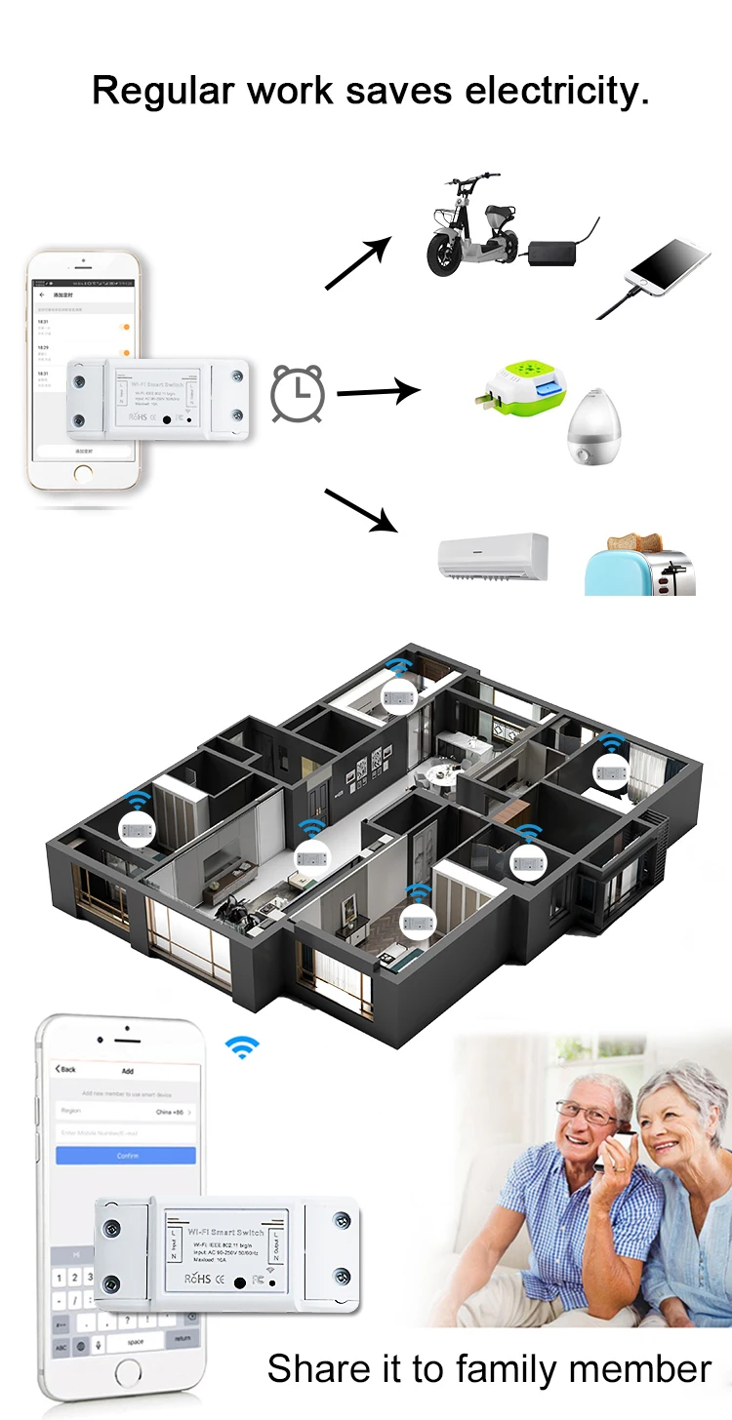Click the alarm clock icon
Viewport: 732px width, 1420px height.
click(x=298, y=393)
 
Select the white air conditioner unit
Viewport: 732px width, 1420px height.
click(x=492, y=557)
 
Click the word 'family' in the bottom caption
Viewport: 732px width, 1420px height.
click(x=517, y=1369)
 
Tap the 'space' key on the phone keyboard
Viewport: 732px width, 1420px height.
click(x=136, y=1342)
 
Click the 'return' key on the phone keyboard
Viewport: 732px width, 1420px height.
click(x=183, y=1339)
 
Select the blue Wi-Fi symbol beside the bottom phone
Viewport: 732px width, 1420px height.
click(x=242, y=1047)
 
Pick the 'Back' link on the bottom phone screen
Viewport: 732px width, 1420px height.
click(x=65, y=1069)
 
